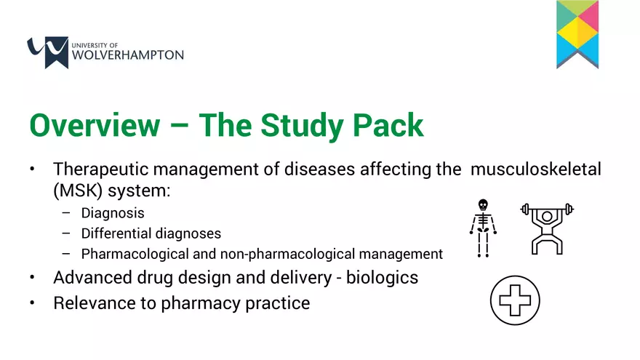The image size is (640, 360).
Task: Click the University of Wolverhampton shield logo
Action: (48, 52)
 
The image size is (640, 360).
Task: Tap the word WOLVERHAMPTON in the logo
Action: (128, 55)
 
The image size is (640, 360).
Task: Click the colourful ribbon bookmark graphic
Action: (577, 34)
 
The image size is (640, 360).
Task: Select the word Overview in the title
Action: (95, 125)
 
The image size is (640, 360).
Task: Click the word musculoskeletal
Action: (536, 169)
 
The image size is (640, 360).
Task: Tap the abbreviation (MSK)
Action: (78, 191)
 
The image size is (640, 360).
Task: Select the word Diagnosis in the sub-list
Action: (113, 213)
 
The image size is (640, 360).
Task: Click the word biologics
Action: (382, 278)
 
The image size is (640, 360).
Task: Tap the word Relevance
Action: (105, 303)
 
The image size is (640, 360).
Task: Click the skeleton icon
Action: (483, 228)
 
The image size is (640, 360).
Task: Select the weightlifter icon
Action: (547, 228)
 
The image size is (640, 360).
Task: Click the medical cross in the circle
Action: (515, 300)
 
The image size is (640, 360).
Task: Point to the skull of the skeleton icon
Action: (483, 204)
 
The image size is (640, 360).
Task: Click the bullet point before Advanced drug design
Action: (32, 278)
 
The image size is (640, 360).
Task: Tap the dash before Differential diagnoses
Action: (66, 233)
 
